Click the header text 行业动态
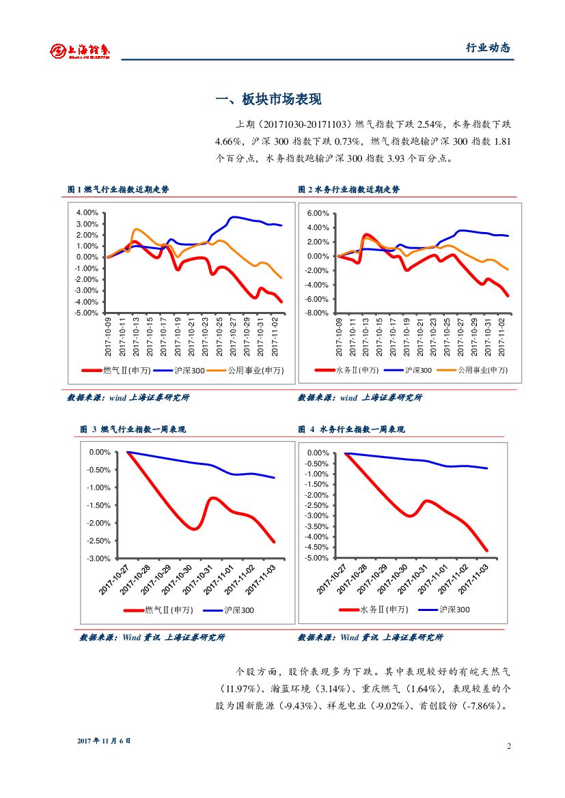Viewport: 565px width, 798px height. coord(488,48)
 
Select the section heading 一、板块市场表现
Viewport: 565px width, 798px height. coord(268,100)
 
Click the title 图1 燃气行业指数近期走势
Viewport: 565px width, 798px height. coord(118,190)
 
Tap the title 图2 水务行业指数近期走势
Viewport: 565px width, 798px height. coord(348,190)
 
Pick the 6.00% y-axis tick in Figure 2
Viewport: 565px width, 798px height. coord(318,213)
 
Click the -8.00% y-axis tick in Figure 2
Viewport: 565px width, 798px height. coord(317,313)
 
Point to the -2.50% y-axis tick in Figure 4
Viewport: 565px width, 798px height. coord(318,505)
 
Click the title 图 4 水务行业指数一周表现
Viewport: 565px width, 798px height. coord(351,429)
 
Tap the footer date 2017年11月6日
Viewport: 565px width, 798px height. coord(103,741)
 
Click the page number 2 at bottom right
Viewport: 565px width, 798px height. coord(509,745)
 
